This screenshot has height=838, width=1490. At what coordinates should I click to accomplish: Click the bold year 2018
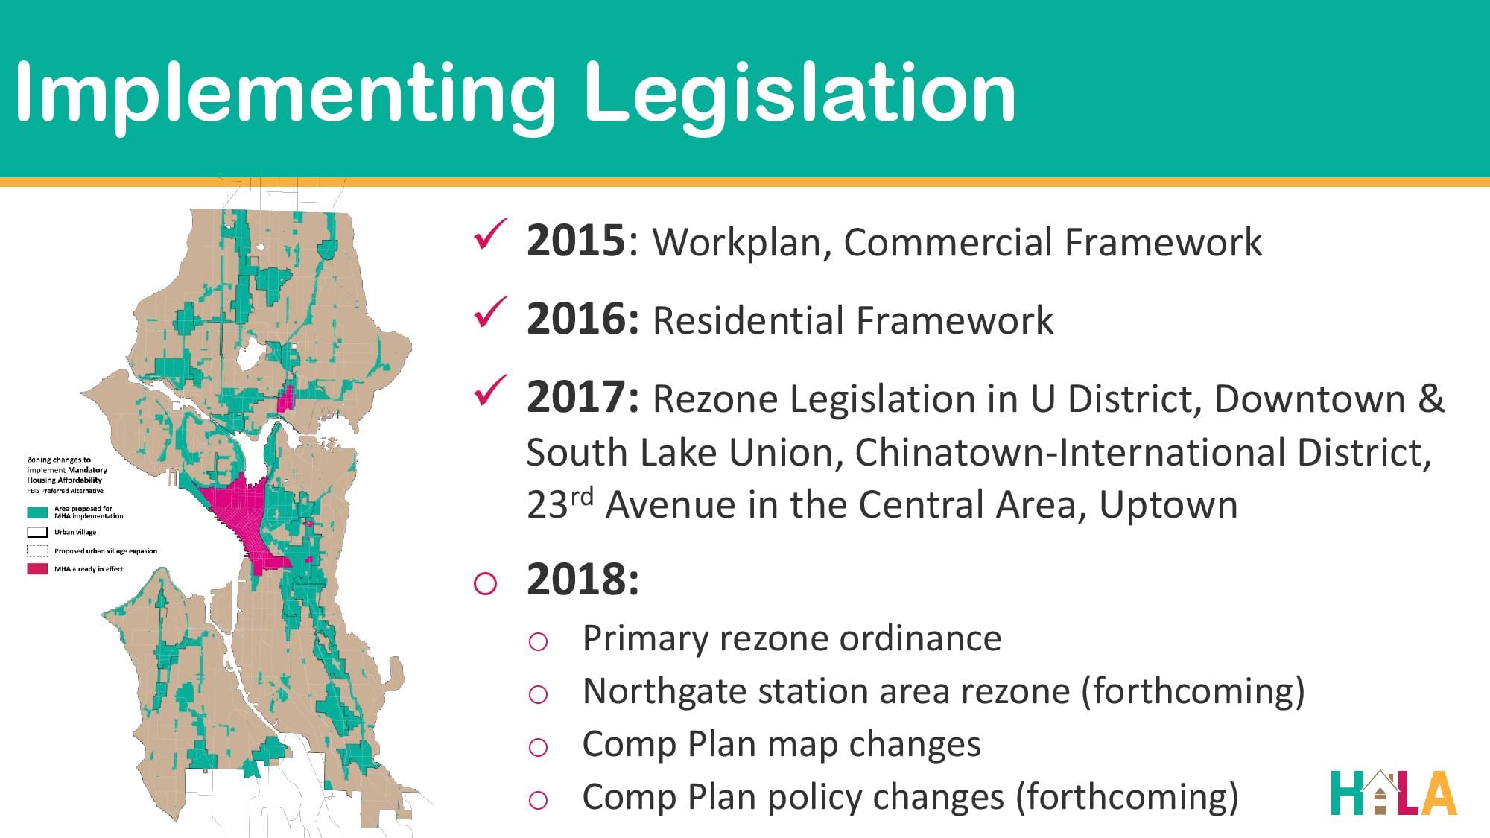click(x=583, y=580)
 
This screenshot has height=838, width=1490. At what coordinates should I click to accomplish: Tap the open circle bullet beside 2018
click(x=485, y=583)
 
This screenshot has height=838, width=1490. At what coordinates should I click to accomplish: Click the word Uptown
click(x=1168, y=505)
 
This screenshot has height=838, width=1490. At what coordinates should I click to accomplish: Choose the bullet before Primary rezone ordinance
click(x=538, y=642)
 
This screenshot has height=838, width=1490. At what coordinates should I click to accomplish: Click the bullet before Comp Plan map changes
click(x=538, y=747)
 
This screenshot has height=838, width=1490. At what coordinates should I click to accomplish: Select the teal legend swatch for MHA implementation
click(x=38, y=512)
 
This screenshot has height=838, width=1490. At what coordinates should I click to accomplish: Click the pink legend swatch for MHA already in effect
click(x=38, y=569)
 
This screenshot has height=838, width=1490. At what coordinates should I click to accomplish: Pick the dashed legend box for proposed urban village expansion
click(x=38, y=551)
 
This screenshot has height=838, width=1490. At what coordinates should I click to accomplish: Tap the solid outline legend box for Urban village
click(x=38, y=532)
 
